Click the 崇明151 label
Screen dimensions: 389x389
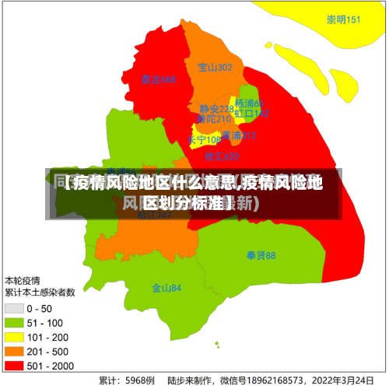(x=343, y=20)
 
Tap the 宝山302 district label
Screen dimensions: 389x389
(x=215, y=68)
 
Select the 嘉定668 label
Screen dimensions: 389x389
(x=159, y=79)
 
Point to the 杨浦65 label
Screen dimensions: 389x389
(x=250, y=103)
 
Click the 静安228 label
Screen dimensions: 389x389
(x=216, y=109)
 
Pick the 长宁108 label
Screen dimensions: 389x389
(x=205, y=140)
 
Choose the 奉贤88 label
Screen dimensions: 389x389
(x=261, y=255)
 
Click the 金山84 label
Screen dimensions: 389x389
(x=166, y=288)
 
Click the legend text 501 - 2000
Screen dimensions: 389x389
(x=50, y=365)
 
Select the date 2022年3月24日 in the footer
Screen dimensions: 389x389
(x=342, y=381)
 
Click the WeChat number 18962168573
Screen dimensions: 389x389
(x=275, y=381)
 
